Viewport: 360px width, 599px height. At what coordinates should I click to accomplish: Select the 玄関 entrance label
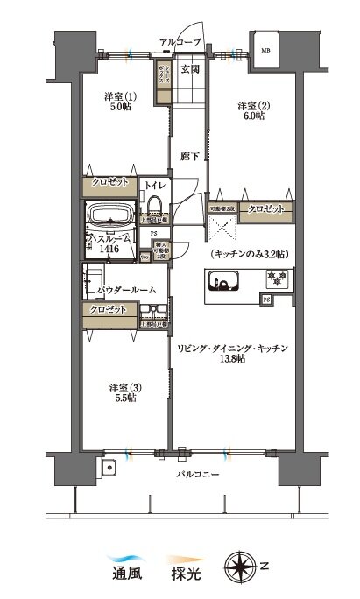[x=190, y=68]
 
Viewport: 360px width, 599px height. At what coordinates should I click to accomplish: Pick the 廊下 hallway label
[x=189, y=156]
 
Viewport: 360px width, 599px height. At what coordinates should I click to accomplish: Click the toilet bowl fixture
[x=155, y=204]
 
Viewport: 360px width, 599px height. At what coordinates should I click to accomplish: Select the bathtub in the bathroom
[x=108, y=215]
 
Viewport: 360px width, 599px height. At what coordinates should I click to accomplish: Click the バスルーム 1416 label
[x=111, y=243]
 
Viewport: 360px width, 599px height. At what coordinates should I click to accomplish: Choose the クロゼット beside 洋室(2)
[x=264, y=209]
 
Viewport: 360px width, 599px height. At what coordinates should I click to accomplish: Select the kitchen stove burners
[x=279, y=280]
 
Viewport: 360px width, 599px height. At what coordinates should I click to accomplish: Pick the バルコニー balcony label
[x=194, y=475]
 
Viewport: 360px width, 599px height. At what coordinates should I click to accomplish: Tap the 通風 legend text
[x=124, y=578]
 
